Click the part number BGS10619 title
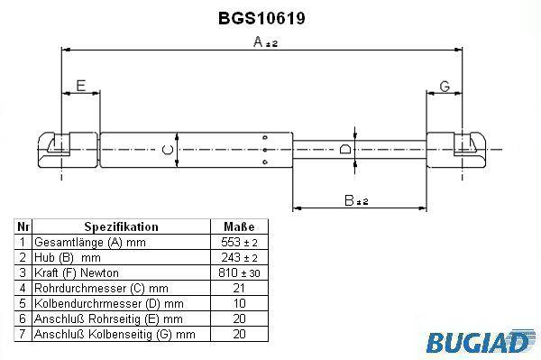click(261, 18)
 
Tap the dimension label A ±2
click(265, 42)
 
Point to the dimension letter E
click(81, 86)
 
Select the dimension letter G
click(445, 87)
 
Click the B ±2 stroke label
click(356, 200)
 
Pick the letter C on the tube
click(168, 150)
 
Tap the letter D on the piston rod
click(345, 149)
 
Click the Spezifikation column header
click(121, 226)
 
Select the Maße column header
click(239, 226)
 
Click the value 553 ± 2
click(239, 243)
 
